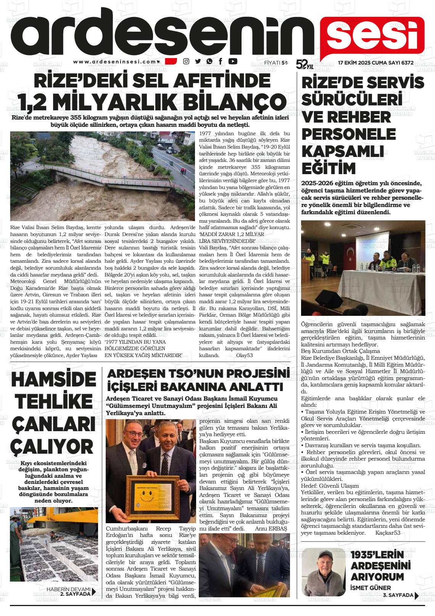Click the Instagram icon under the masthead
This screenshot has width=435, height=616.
(x=186, y=61)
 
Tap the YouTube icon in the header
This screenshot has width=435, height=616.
(x=232, y=61)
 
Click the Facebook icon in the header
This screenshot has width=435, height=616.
(x=221, y=61)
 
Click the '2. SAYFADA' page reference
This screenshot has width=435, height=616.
(x=76, y=593)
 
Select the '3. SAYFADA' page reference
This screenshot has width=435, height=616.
(x=398, y=595)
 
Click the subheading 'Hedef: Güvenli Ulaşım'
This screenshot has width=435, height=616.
(x=330, y=486)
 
